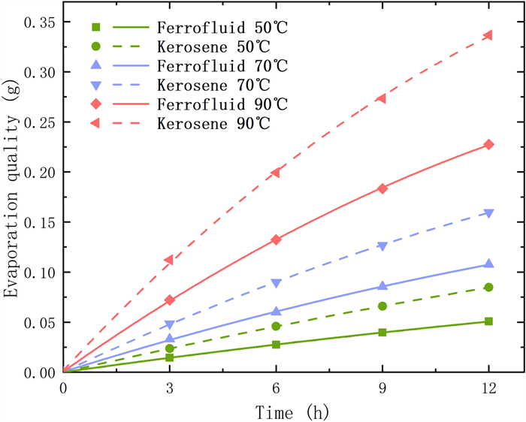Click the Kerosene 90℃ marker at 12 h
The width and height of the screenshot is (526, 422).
488,35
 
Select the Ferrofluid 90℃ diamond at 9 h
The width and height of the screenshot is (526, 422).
382,188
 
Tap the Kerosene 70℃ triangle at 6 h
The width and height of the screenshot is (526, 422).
276,283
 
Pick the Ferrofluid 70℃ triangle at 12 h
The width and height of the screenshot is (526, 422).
488,264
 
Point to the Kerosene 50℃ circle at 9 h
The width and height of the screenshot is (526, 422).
382,306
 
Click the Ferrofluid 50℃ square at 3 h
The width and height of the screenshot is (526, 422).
170,357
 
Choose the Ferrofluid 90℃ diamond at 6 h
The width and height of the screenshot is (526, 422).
276,240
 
